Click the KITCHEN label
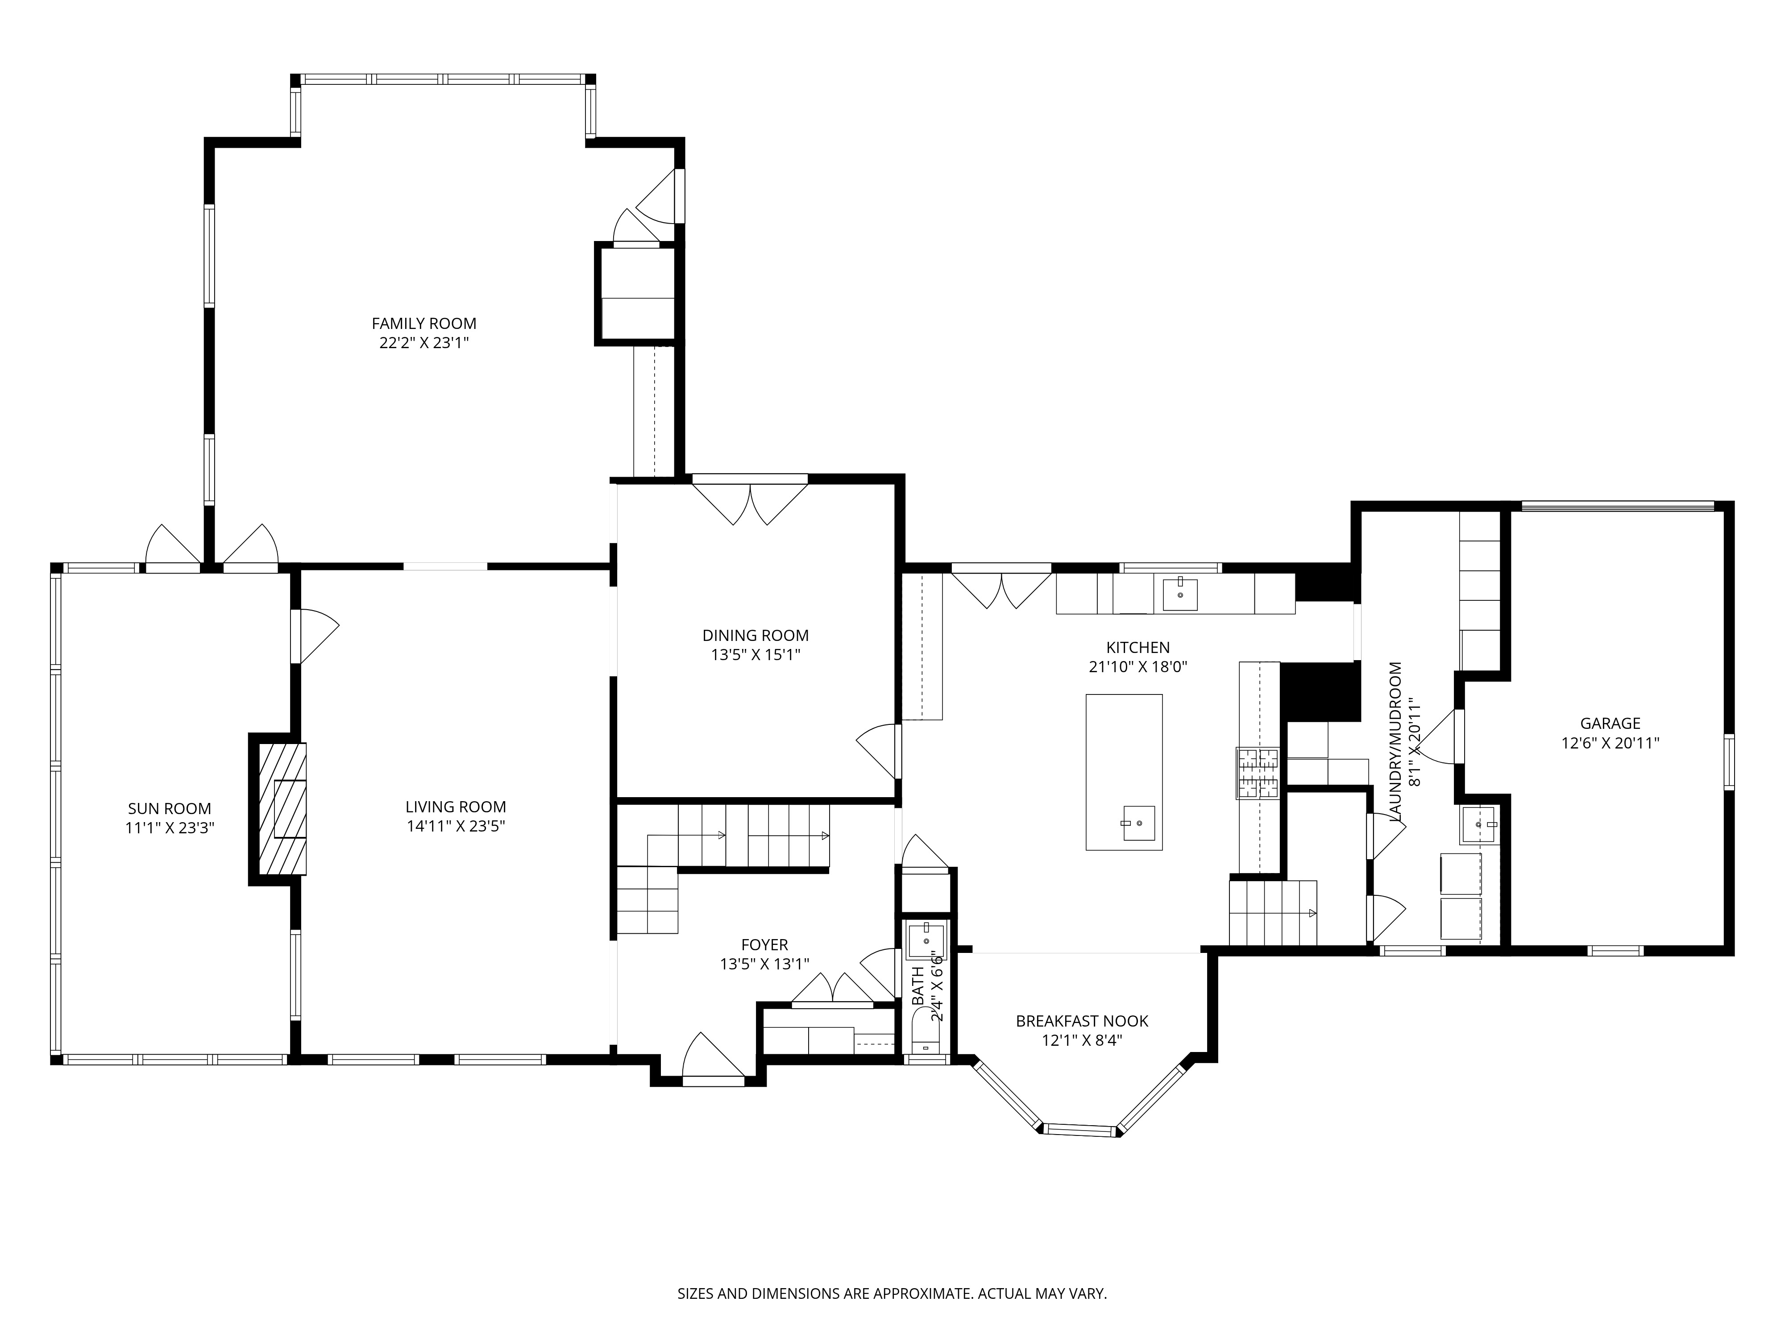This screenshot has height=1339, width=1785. tap(1138, 647)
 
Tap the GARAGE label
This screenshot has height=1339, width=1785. tap(1610, 723)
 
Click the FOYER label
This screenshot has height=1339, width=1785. tap(764, 944)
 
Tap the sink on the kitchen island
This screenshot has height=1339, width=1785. tap(1139, 823)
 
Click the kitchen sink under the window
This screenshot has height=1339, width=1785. tap(1180, 594)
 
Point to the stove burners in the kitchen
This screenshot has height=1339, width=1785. tap(1257, 773)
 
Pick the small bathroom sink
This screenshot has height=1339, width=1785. tap(926, 940)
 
